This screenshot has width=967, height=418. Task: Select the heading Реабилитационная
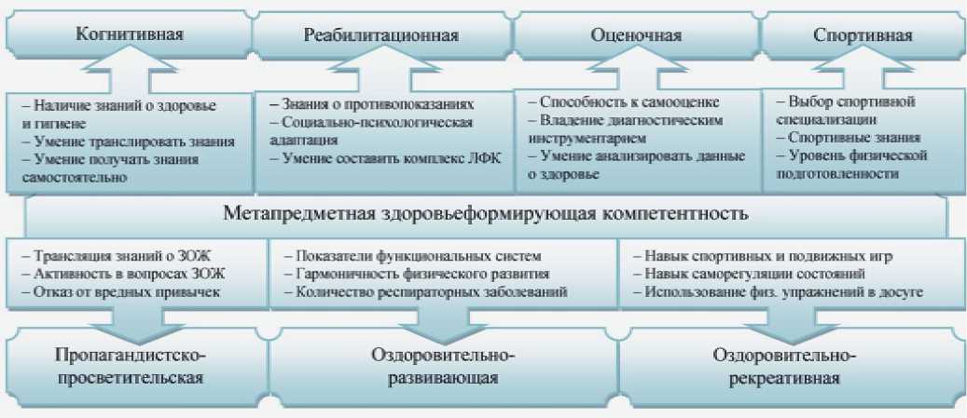pos(381,36)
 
